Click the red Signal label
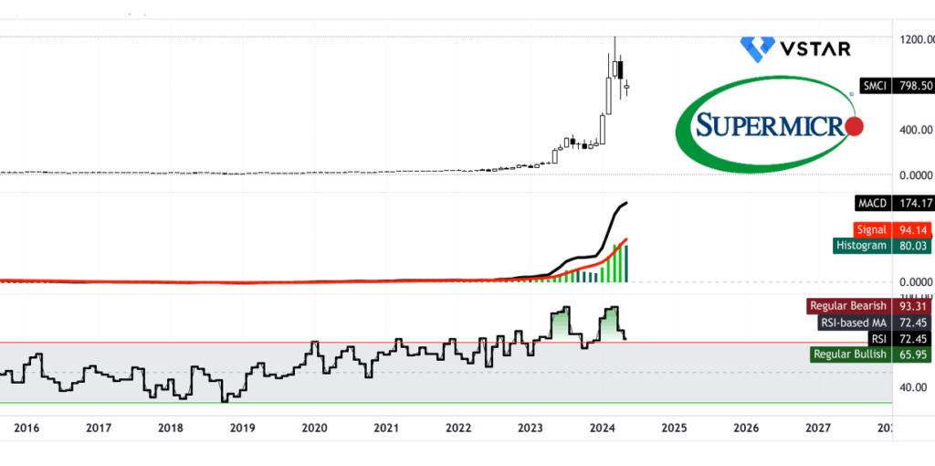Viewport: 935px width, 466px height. [x=868, y=229]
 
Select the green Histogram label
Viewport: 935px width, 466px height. [x=860, y=245]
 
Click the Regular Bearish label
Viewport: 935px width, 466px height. [x=847, y=307]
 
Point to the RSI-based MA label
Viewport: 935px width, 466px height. [x=853, y=323]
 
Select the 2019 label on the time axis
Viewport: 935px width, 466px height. [x=241, y=428]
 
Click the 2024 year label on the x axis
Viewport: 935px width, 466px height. [x=602, y=428]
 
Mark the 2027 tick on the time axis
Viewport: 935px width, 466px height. [x=818, y=428]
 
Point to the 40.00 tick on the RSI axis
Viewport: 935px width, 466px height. [x=914, y=387]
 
